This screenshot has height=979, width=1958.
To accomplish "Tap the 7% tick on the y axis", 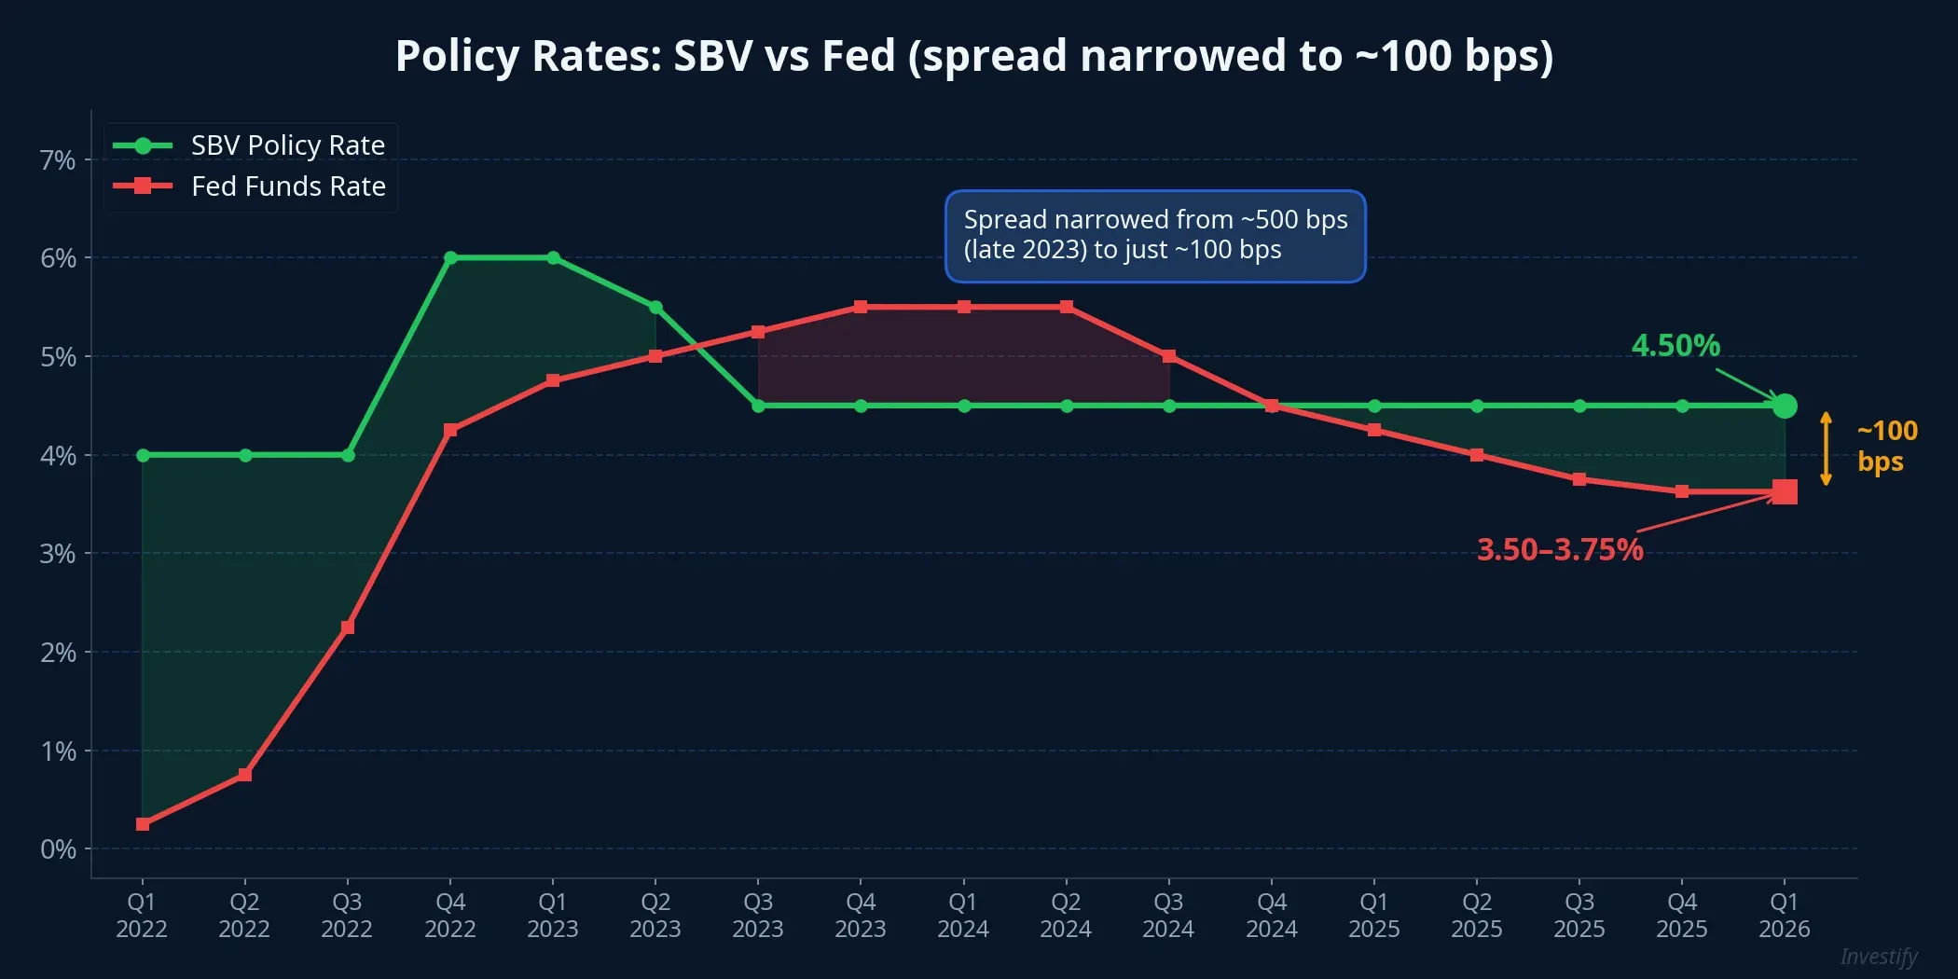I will pyautogui.click(x=58, y=160).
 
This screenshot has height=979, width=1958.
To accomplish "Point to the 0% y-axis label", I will pyautogui.click(x=58, y=849).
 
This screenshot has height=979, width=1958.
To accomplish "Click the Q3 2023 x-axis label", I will pyautogui.click(x=757, y=915).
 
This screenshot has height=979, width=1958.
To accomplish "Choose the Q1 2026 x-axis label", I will pyautogui.click(x=1784, y=915).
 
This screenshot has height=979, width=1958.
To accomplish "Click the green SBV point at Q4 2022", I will pyautogui.click(x=450, y=257).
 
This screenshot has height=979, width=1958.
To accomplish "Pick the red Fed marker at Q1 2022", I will pyautogui.click(x=143, y=824).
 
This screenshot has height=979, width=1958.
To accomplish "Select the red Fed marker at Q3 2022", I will pyautogui.click(x=348, y=627).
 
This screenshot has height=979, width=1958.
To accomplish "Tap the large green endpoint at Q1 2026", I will pyautogui.click(x=1785, y=406).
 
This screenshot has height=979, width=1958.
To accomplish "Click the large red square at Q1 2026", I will pyautogui.click(x=1785, y=491).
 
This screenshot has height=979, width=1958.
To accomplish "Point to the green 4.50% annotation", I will pyautogui.click(x=1675, y=346).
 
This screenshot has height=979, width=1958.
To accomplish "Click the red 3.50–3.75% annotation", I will pyautogui.click(x=1560, y=549).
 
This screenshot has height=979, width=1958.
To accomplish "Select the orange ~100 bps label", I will pyautogui.click(x=1885, y=446).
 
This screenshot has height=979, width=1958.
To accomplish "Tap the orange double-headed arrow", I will pyautogui.click(x=1827, y=448).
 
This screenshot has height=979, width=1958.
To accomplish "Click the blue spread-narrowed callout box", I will pyautogui.click(x=1155, y=236).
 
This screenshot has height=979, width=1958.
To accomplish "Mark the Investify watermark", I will pyautogui.click(x=1878, y=957).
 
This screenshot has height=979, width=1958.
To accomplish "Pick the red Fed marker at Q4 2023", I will pyautogui.click(x=861, y=307).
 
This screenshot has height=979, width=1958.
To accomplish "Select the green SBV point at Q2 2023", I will pyautogui.click(x=655, y=307).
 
